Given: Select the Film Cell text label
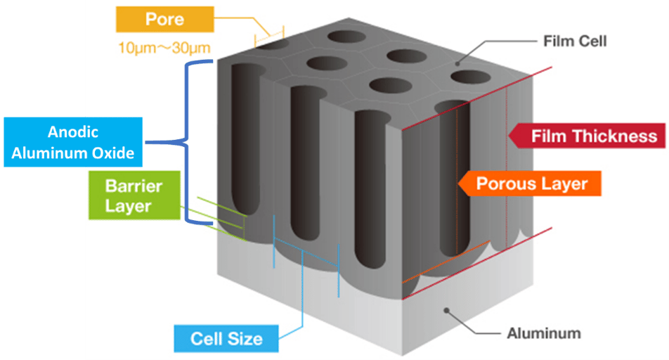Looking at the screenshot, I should (x=574, y=41).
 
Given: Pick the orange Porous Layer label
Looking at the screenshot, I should (x=531, y=184).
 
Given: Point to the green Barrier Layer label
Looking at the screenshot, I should (x=133, y=196).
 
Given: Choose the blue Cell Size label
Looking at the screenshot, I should (x=226, y=338).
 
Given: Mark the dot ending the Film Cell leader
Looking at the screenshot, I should (x=458, y=63).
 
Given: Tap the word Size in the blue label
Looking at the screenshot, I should (x=245, y=338).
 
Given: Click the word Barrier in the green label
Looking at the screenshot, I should (x=133, y=187).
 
